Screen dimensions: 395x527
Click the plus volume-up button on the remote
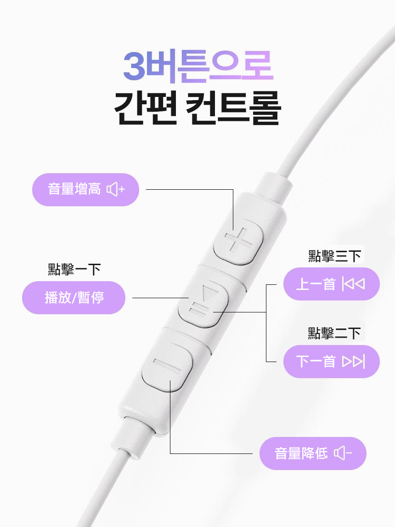[238, 241]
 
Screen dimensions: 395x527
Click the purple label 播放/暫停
[73, 298]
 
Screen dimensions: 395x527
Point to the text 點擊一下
[74, 269]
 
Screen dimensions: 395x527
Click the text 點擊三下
[335, 256]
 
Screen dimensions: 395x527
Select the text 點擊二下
[334, 333]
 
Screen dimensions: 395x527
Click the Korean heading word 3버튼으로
[198, 67]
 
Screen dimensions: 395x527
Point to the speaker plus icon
[116, 189]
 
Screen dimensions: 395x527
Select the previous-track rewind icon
[353, 284]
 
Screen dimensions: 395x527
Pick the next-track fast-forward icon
[353, 362]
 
